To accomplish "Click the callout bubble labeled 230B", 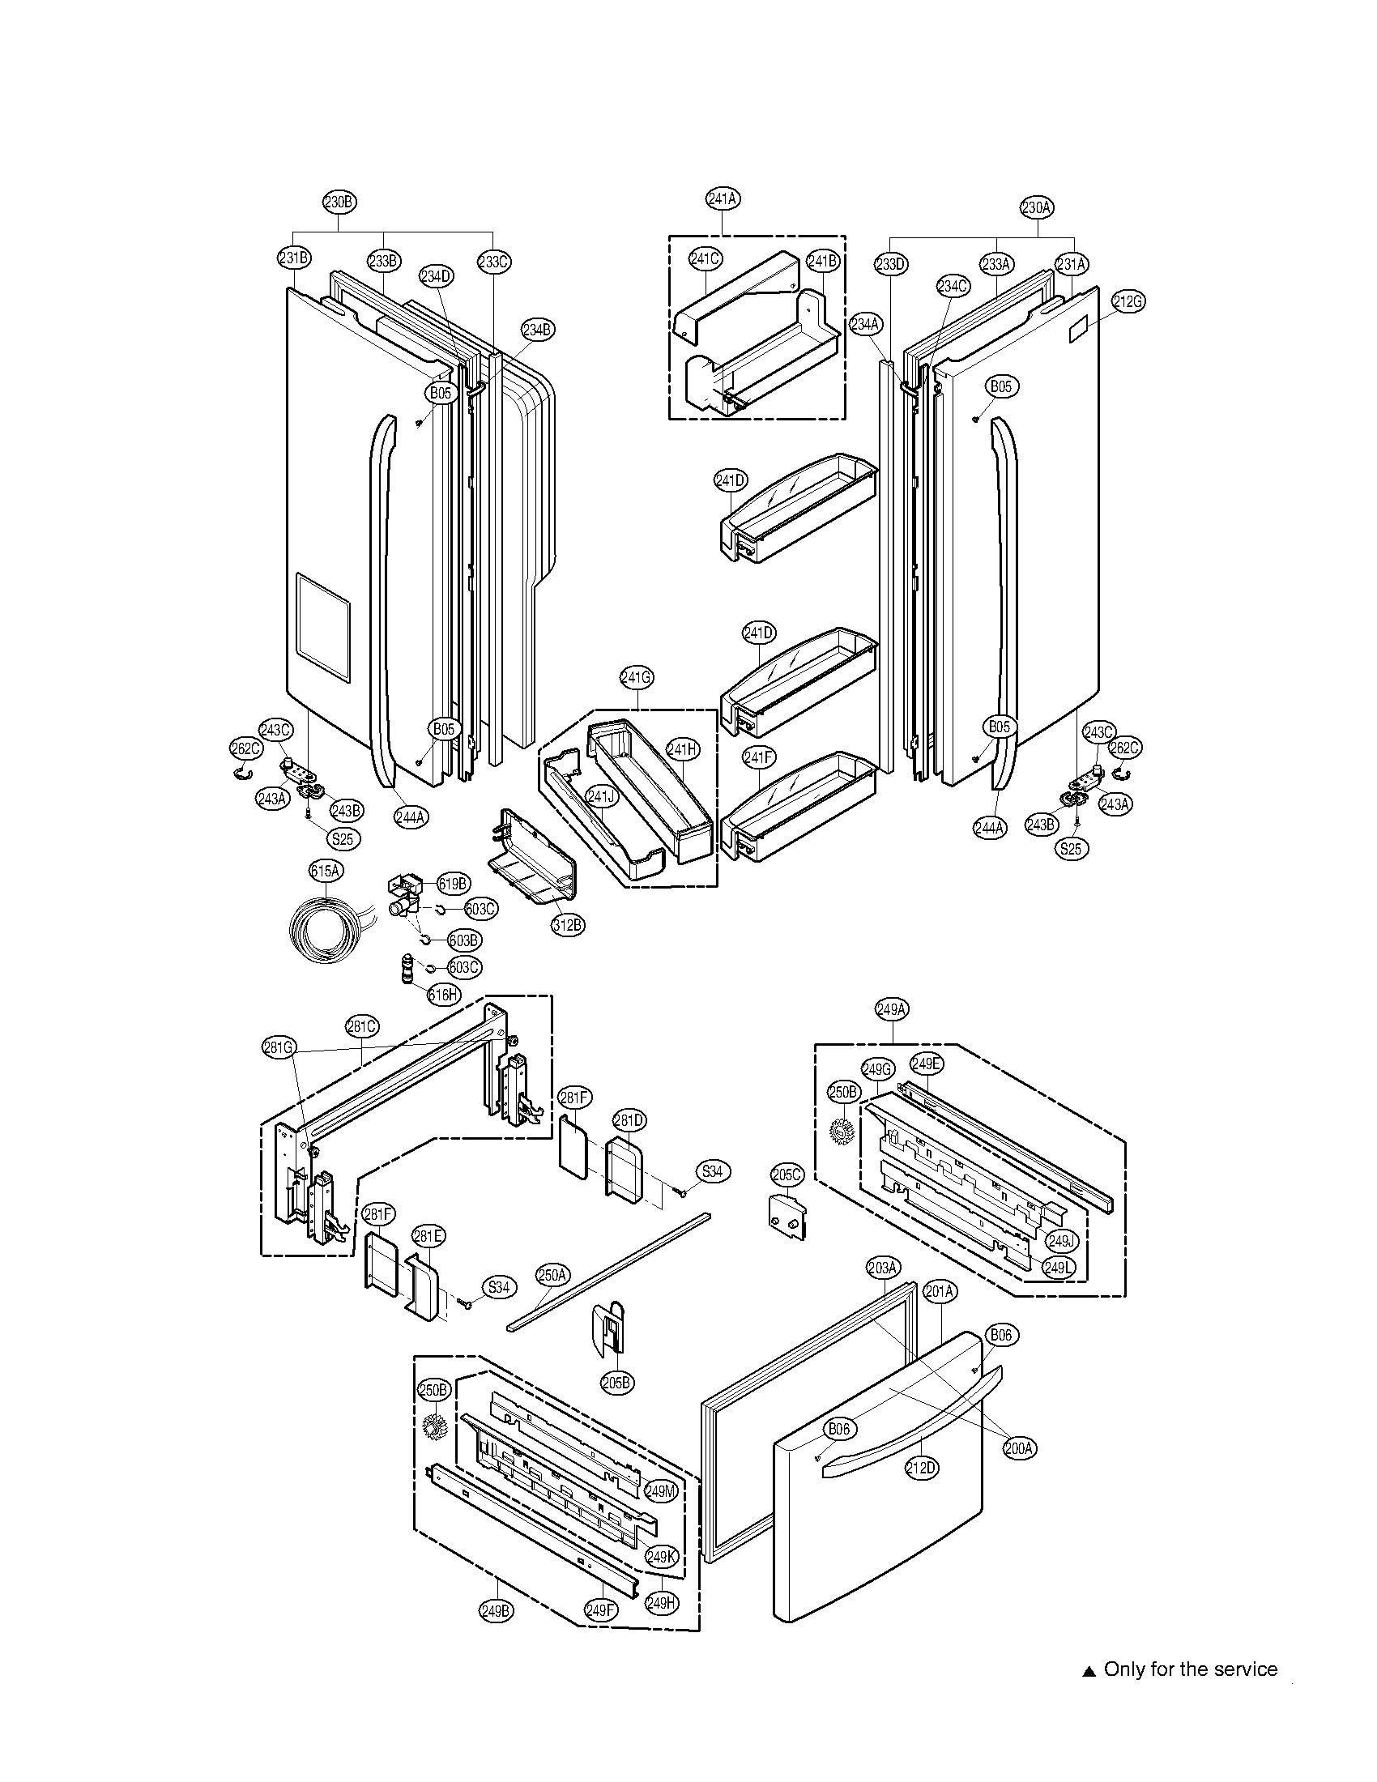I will pos(339,202).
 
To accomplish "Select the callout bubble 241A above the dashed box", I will pos(723,198).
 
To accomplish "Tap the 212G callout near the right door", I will pos(1128,301).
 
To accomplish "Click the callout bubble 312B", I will pos(568,925).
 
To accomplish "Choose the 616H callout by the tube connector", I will pos(444,994).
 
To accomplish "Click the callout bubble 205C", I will pos(787,1175).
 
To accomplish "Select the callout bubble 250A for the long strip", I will pos(552,1274).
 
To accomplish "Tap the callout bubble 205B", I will pos(617,1382).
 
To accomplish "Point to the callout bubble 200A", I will pos(1020,1448).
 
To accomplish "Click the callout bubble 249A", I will pos(892,1009).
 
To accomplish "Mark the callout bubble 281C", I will pos(361,1026).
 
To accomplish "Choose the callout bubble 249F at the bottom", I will pos(601,1609).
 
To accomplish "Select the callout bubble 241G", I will pos(637,676).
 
